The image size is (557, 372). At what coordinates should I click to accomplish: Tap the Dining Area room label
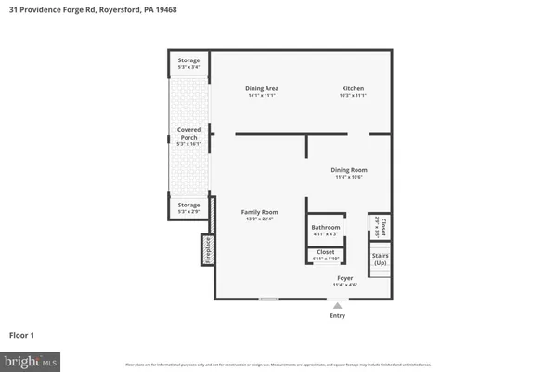[264, 89]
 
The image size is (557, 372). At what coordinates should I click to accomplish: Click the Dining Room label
[349, 170]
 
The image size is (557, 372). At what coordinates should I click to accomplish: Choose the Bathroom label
[326, 228]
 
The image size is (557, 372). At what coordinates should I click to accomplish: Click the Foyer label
[344, 278]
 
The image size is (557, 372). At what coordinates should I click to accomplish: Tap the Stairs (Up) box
[380, 259]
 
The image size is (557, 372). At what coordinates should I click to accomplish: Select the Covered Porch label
[188, 133]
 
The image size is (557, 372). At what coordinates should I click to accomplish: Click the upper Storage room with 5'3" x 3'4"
[188, 63]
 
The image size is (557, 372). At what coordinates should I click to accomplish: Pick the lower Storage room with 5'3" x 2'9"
[188, 207]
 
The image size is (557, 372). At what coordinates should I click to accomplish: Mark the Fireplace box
[207, 249]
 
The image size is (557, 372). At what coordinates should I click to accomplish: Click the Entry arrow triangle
[337, 305]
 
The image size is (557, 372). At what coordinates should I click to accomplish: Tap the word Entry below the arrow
[337, 316]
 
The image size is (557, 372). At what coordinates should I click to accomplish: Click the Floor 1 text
[22, 335]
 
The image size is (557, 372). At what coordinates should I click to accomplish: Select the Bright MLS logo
[31, 359]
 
